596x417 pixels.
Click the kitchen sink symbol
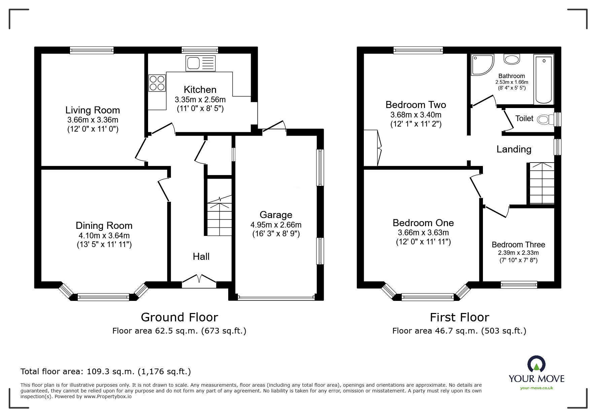point(201,63)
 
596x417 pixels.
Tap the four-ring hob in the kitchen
point(157,83)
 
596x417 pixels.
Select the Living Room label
point(93,110)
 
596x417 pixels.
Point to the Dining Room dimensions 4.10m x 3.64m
point(104,236)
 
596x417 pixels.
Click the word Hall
point(201,256)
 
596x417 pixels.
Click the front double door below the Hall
point(199,280)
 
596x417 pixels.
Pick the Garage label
point(276,215)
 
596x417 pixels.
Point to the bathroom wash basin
point(512,60)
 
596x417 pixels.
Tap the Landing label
point(514,149)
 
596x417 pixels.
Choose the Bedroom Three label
point(518,245)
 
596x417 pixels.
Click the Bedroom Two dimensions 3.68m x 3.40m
point(416,115)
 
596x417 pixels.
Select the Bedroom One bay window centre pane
point(427,297)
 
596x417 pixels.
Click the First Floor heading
point(459,317)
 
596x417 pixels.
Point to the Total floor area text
point(106,372)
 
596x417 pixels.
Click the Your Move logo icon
point(536,364)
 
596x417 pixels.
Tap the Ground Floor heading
point(179,317)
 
